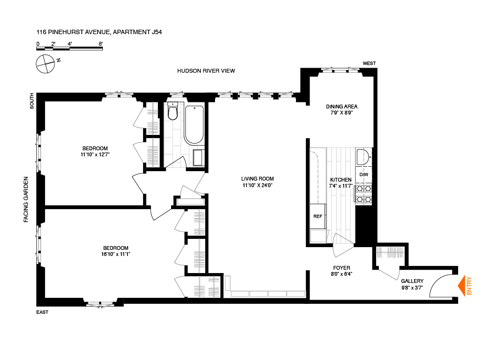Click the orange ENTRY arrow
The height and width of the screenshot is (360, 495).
[463, 285]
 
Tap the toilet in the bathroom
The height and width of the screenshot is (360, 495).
[173, 112]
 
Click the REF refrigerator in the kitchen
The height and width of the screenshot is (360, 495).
[318, 216]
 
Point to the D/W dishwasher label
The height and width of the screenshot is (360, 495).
[363, 174]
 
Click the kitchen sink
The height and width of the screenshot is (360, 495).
[363, 158]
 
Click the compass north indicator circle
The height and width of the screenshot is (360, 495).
[45, 64]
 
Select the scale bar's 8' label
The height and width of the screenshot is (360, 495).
[101, 43]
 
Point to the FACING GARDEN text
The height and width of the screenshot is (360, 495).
[26, 199]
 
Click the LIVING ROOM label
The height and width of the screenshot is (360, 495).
[257, 178]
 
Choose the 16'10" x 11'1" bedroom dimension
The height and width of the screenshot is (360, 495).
[116, 254]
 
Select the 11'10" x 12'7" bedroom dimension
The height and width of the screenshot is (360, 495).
[95, 155]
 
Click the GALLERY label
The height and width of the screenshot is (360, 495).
[412, 281]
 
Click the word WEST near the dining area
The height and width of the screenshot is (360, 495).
[369, 63]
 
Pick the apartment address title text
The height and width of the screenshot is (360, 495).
[99, 32]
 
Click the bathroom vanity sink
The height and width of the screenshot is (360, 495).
[199, 158]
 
